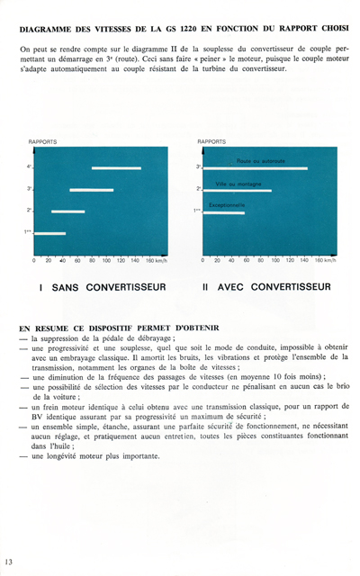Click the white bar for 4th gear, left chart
(116, 168)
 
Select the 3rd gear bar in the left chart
(91, 190)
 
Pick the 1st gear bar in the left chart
(49, 233)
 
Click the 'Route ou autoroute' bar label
(261, 161)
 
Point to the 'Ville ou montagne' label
(238, 184)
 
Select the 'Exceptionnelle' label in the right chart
(227, 205)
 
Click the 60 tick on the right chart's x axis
(246, 261)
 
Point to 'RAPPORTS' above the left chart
(43, 142)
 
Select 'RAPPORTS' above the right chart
(211, 142)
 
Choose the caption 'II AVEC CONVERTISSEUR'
(266, 288)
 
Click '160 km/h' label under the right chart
(324, 261)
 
